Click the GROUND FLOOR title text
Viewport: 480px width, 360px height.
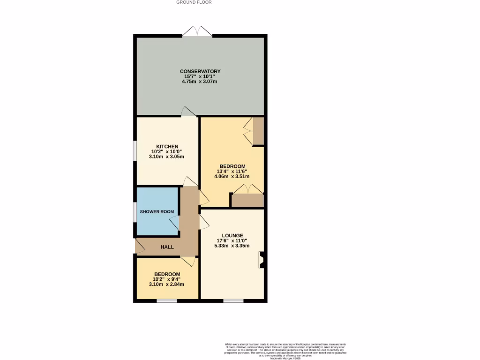[x=194, y=2]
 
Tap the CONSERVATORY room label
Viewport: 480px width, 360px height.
[x=200, y=71]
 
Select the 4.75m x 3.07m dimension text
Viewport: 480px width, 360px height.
[x=200, y=82]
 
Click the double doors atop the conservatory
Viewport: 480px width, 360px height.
[x=197, y=32]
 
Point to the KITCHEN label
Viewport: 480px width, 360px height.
[x=167, y=147]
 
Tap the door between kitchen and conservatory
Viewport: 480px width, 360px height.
[x=189, y=111]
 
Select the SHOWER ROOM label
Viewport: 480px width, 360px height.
[x=157, y=212]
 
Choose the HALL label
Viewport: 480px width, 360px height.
[x=167, y=247]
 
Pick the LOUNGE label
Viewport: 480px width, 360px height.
[x=232, y=235]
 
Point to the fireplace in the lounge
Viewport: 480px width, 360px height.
[x=262, y=260]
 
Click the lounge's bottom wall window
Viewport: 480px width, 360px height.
[x=232, y=300]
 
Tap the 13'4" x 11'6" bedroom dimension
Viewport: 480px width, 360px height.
[x=232, y=172]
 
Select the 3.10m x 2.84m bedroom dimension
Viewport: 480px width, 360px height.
[x=167, y=285]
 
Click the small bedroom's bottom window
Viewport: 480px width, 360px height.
[x=166, y=300]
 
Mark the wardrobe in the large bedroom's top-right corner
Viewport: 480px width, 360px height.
[x=258, y=131]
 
